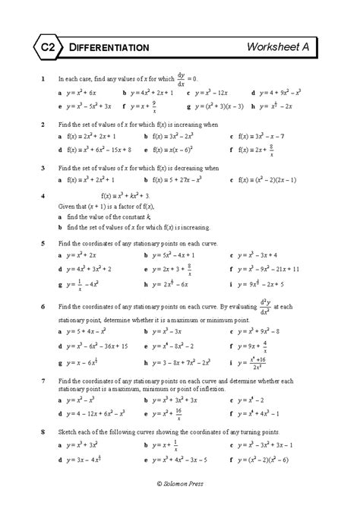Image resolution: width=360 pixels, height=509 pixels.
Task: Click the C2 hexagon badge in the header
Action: click(x=48, y=47)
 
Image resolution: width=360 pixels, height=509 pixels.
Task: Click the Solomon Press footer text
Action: click(x=180, y=482)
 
